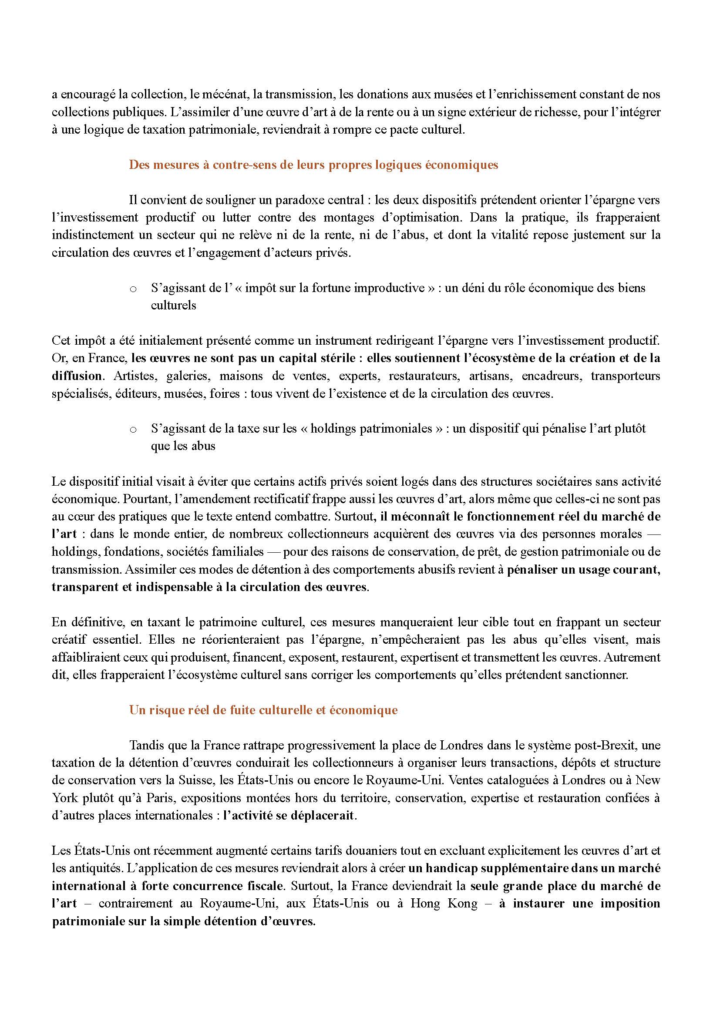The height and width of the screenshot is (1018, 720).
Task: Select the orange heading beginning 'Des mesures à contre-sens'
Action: click(x=313, y=165)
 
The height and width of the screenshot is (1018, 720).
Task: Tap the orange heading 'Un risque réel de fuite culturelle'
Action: click(x=263, y=710)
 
